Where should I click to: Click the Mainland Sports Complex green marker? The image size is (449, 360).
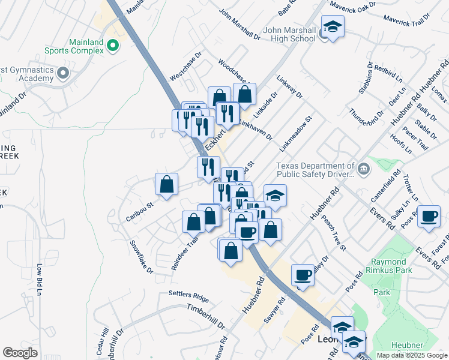click(112, 45)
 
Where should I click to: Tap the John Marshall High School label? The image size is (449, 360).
click(289, 34)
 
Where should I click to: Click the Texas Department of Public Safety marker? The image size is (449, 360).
click(363, 170)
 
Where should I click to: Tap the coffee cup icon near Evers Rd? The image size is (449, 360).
click(429, 217)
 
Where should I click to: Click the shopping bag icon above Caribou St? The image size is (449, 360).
click(166, 185)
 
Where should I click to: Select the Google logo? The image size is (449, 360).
click(20, 353)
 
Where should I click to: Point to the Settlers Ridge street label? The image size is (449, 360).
click(188, 298)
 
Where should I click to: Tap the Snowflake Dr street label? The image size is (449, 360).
click(142, 257)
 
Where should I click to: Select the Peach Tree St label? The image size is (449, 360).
click(334, 233)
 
